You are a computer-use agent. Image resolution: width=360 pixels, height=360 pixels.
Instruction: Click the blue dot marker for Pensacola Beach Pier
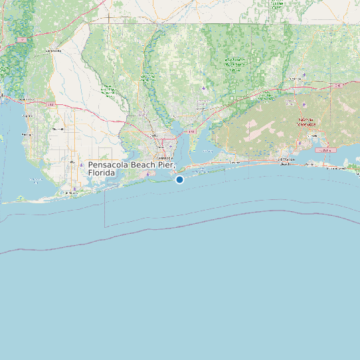179,179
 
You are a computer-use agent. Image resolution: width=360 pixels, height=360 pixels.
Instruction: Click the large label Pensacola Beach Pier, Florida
131,168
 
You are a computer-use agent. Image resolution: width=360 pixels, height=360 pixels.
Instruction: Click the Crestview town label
294,79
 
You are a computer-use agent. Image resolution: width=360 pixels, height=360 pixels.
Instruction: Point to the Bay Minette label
53,50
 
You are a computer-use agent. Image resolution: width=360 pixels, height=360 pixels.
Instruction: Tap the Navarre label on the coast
233,162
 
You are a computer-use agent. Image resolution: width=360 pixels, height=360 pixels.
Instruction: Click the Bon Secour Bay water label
37,180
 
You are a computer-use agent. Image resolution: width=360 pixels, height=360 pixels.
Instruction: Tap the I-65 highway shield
23,40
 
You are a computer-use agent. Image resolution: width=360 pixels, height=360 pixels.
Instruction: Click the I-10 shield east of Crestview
338,85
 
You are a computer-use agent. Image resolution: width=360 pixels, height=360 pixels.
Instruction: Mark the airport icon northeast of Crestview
304,74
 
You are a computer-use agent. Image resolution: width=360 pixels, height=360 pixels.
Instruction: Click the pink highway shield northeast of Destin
325,150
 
